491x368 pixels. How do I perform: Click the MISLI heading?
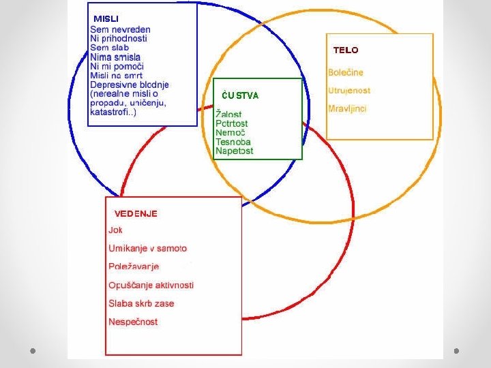106,18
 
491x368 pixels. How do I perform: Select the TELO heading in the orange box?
345,50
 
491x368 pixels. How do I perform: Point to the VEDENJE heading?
136,213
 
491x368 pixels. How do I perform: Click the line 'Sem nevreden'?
120,30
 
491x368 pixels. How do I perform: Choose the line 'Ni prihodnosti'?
118,39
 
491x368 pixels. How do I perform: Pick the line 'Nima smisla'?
115,57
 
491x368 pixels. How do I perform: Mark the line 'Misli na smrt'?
117,76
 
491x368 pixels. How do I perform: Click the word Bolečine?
345,72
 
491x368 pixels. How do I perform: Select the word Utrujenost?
349,91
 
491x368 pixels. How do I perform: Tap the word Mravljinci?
347,109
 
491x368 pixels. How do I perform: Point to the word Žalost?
228,114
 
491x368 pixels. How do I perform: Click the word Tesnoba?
233,142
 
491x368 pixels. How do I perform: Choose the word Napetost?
234,151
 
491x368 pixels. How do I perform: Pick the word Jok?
115,230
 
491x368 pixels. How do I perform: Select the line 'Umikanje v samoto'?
147,249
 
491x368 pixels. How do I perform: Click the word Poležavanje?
134,266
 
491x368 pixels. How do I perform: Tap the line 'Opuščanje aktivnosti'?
151,285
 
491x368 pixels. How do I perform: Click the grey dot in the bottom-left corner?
33,351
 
